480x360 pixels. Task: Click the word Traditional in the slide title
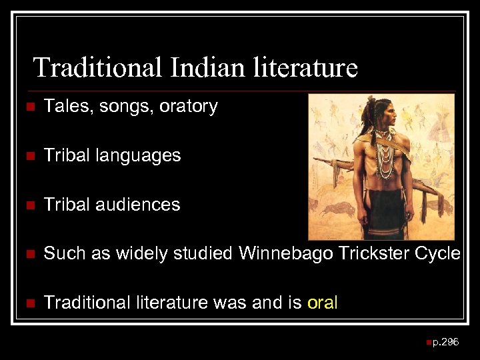pos(97,67)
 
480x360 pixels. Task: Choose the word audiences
pos(138,205)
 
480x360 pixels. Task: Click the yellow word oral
pos(323,303)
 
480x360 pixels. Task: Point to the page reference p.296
pos(445,342)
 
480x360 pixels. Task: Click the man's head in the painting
pos(387,113)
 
